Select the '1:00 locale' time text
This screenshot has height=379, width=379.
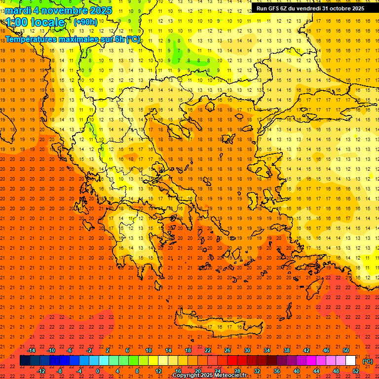(x=35, y=22)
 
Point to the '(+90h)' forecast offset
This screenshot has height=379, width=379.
(x=85, y=22)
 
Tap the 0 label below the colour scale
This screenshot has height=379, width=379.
(x=97, y=371)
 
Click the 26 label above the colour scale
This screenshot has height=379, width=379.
(x=227, y=350)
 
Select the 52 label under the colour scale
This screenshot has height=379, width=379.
(x=356, y=371)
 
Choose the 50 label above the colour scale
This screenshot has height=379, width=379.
(x=346, y=350)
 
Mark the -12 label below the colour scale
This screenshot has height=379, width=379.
(x=41, y=371)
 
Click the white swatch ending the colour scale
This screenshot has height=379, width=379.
(x=350, y=361)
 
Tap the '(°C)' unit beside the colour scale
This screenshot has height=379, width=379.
(x=368, y=361)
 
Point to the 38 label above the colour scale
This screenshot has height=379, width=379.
(x=287, y=350)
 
